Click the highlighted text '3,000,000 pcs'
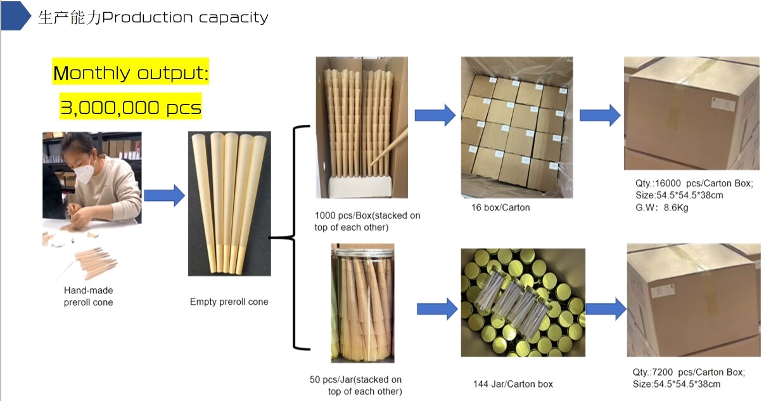click(x=131, y=107)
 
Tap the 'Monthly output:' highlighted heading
click(x=131, y=73)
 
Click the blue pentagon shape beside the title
click(x=16, y=16)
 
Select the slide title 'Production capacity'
click(x=185, y=17)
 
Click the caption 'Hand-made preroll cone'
click(x=88, y=296)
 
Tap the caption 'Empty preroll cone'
click(x=229, y=302)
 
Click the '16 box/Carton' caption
click(x=500, y=207)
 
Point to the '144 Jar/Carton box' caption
click(x=513, y=384)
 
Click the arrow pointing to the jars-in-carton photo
click(x=436, y=309)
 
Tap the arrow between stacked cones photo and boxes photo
click(x=435, y=115)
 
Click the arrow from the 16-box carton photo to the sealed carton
click(x=599, y=115)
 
